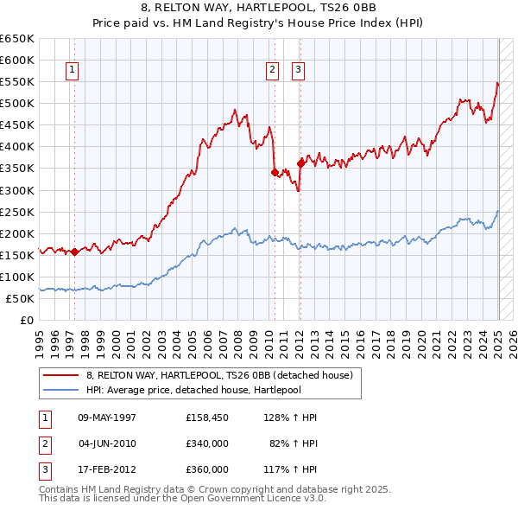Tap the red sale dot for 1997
[x=74, y=252]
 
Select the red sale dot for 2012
[x=301, y=163]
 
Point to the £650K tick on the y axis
[x=18, y=39]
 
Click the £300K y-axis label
[x=18, y=190]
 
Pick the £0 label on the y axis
[x=26, y=320]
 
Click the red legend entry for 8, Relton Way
[x=219, y=376]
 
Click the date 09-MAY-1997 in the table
[x=107, y=418]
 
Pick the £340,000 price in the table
[x=207, y=443]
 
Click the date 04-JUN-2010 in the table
[x=107, y=443]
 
